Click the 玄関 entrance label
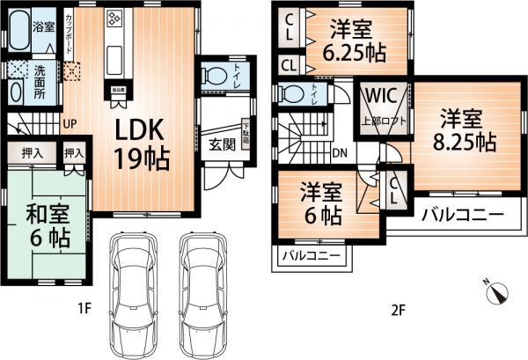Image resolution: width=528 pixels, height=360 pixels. coord(222,144)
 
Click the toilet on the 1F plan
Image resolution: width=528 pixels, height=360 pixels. coord(213,77)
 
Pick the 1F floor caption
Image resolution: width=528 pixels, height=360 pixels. coord(84,309)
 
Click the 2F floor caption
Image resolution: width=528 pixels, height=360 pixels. coord(397,309)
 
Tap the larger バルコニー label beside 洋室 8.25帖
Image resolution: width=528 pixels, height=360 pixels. coord(462,214)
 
